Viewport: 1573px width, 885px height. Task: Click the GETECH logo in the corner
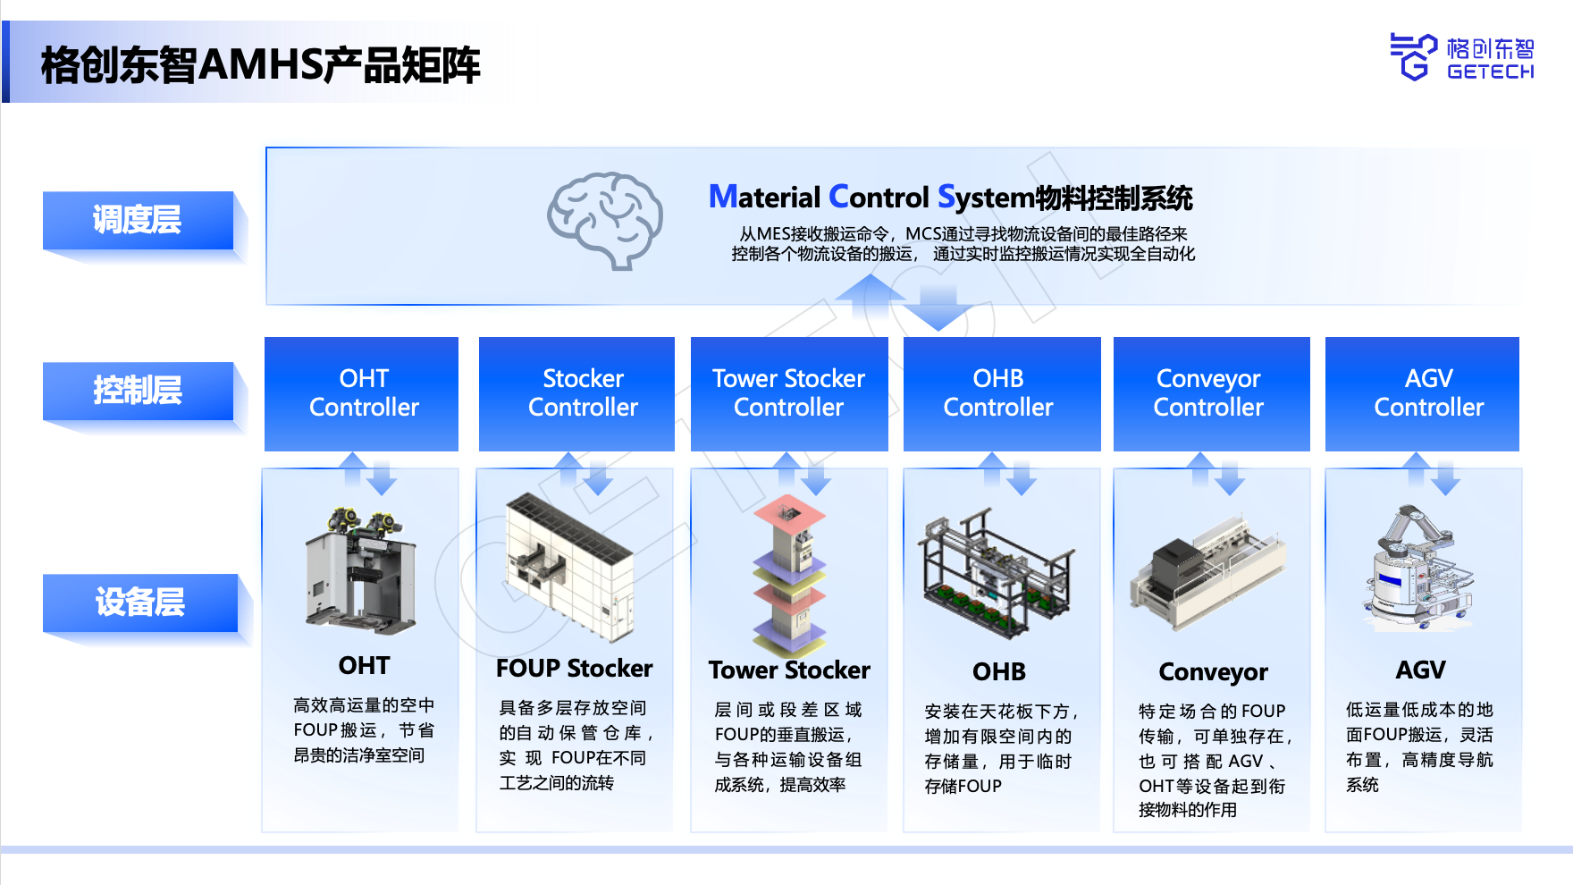1461,57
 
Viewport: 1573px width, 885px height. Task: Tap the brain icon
605,220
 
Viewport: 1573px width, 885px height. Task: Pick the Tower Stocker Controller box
789,393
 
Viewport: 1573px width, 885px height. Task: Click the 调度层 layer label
139,220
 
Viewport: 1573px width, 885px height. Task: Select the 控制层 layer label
139,391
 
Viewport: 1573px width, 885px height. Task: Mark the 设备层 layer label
140,603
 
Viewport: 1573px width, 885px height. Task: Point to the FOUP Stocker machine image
569,567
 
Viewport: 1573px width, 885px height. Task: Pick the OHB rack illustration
996,572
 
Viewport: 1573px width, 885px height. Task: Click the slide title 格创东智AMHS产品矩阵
261,65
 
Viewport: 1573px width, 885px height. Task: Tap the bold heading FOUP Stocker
574,669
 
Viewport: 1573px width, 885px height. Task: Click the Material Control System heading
950,198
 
